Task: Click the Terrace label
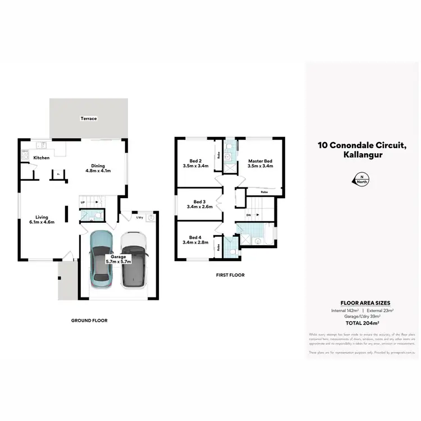(89, 118)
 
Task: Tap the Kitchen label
(42, 158)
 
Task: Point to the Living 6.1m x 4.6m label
(42, 220)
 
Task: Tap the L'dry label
(140, 217)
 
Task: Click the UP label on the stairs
(83, 202)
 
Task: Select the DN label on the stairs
(249, 215)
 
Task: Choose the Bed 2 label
(196, 163)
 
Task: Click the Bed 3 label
(200, 204)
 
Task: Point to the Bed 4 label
(195, 240)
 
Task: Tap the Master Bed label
(260, 164)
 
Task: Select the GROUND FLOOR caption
(89, 321)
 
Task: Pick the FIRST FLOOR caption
(230, 276)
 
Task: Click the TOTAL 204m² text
(362, 323)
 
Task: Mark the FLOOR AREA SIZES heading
(362, 303)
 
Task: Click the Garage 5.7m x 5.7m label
(118, 259)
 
